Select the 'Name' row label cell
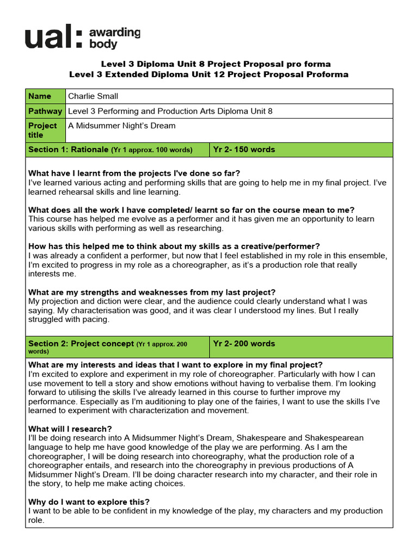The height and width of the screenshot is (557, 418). pyautogui.click(x=45, y=96)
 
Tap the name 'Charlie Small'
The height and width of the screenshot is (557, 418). pyautogui.click(x=93, y=96)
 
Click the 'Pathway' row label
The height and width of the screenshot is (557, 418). pyautogui.click(x=45, y=111)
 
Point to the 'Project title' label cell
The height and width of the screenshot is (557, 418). pyautogui.click(x=45, y=130)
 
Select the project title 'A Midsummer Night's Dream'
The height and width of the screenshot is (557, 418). pyautogui.click(x=121, y=126)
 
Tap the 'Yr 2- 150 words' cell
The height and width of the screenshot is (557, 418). pyautogui.click(x=244, y=150)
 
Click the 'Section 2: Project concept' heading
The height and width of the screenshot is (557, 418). pyautogui.click(x=81, y=344)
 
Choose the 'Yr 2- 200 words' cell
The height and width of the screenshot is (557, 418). pyautogui.click(x=244, y=344)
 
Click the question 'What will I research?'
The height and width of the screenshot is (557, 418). pyautogui.click(x=70, y=429)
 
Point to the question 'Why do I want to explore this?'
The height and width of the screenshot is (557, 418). pyautogui.click(x=89, y=502)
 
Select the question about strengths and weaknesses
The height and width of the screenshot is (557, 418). pyautogui.click(x=152, y=292)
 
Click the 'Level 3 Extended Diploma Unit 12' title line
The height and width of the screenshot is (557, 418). pyautogui.click(x=208, y=75)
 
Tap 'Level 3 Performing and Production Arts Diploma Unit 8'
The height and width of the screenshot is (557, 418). pyautogui.click(x=170, y=111)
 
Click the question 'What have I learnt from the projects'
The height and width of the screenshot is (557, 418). pyautogui.click(x=134, y=173)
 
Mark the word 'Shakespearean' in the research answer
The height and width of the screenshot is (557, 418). pyautogui.click(x=334, y=438)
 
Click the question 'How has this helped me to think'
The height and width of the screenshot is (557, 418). pyautogui.click(x=174, y=246)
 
